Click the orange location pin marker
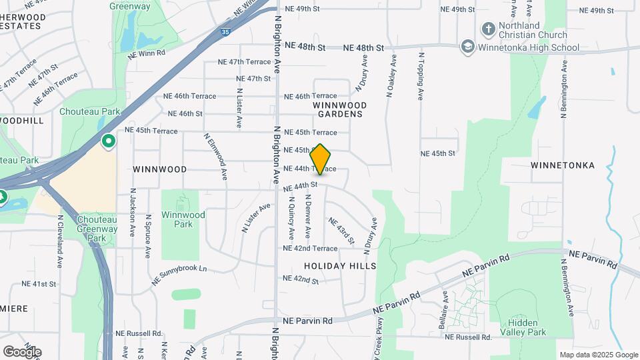point(321,159)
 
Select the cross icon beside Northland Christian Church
point(488,29)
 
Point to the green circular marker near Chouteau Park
point(108,141)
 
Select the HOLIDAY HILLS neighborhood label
point(340,266)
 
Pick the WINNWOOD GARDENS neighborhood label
point(339,109)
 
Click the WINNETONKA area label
point(562,165)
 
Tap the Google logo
point(22,351)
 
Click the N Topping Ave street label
point(421,77)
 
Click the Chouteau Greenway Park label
point(97,229)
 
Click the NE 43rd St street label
point(341,230)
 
